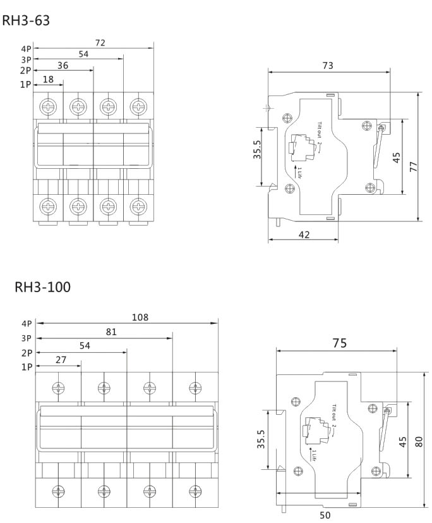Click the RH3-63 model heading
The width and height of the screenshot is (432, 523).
[x=26, y=21]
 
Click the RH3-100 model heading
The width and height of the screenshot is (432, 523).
[x=43, y=288]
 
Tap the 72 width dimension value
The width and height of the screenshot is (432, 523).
[x=100, y=42]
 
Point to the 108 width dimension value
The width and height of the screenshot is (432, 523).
[x=140, y=317]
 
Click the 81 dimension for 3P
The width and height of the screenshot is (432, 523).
[x=111, y=331]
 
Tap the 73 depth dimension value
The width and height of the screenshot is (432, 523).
[x=328, y=65]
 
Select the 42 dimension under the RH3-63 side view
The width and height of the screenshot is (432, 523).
[x=304, y=235]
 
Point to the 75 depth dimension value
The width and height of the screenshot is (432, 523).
[x=339, y=343]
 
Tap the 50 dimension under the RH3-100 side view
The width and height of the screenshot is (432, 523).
[x=325, y=515]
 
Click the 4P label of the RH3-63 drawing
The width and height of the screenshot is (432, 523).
[x=25, y=47]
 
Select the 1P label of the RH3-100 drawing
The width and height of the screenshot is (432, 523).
[x=27, y=367]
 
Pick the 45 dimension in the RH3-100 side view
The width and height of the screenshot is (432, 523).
[x=403, y=442]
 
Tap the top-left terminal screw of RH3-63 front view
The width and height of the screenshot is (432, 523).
[x=48, y=106]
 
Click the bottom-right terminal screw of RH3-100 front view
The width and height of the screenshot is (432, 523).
[x=195, y=490]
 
